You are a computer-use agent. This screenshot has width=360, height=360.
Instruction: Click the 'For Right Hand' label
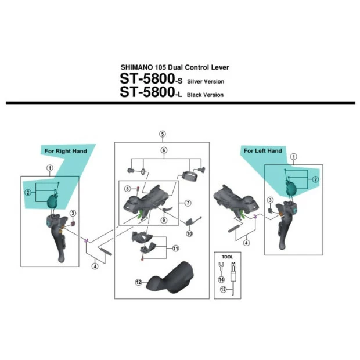pos(66,151)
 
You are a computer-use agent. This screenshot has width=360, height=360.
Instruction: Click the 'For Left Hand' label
pos(262,151)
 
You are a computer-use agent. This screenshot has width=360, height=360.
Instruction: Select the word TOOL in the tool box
pos(226,255)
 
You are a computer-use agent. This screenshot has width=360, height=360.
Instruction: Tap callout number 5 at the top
pos(163,134)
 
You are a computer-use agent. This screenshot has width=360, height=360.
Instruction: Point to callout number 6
pos(164,150)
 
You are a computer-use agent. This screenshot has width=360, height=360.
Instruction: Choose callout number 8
pos(127,188)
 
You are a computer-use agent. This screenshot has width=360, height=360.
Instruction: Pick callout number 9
pos(164,221)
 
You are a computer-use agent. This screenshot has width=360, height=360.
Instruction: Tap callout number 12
pos(139,282)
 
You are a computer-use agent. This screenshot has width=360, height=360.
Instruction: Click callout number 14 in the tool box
pos(221,279)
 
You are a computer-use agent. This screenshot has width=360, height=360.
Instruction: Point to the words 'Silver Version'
pos(206,82)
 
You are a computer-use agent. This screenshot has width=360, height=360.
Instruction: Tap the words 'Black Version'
pos(205,95)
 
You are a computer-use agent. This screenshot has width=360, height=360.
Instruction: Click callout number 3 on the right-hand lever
pos(73,213)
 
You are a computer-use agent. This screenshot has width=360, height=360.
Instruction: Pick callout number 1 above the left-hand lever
pos(293,156)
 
